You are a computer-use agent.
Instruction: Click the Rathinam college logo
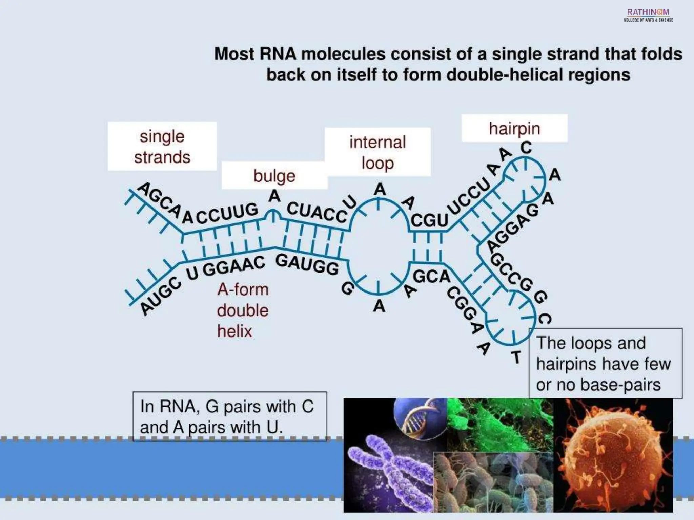click(648, 15)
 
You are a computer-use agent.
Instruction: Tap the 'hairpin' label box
click(514, 128)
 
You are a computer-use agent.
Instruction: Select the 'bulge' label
click(274, 176)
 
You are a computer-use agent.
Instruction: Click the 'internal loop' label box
click(377, 152)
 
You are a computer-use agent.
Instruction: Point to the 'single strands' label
click(162, 147)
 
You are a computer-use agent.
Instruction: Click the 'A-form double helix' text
click(243, 310)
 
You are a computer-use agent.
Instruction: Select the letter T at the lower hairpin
click(516, 357)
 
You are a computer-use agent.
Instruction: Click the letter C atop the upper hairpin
click(526, 148)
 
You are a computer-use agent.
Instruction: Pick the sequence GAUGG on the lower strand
click(307, 264)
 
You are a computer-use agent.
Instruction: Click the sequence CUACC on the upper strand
click(317, 212)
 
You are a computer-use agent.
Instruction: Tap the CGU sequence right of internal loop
click(429, 220)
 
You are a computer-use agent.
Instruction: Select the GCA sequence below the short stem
click(431, 277)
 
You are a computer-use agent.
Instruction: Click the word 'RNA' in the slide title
click(278, 54)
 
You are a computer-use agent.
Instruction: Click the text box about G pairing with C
click(229, 416)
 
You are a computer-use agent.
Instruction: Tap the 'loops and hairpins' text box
click(605, 364)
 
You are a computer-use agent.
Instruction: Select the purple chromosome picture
click(390, 471)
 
